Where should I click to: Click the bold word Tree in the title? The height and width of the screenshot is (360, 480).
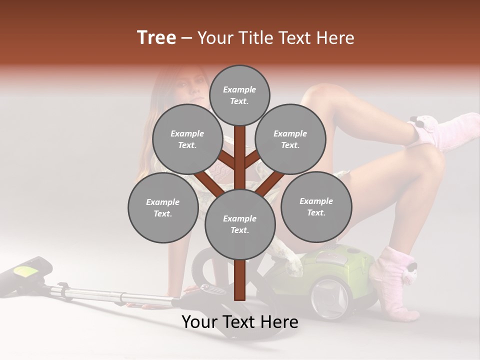tap(156, 38)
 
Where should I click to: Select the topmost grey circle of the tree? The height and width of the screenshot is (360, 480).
tap(239, 95)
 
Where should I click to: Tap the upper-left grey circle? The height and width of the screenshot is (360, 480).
tap(187, 139)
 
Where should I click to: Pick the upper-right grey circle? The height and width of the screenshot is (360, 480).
tap(290, 139)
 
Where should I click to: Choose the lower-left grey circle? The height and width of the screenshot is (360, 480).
tap(163, 208)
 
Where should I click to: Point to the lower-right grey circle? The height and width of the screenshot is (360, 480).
tap(316, 206)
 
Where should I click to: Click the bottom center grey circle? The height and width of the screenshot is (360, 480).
tap(240, 224)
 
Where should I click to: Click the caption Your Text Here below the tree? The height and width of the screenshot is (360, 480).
tap(240, 322)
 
